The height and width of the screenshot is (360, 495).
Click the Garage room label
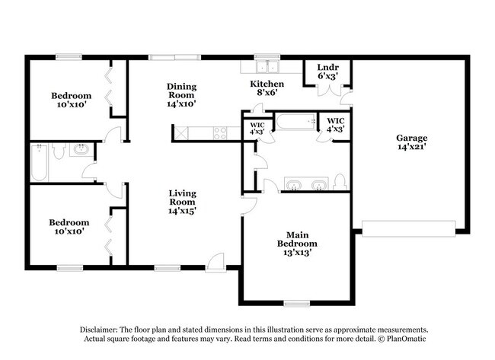coord(411,138)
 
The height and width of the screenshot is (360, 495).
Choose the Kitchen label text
coord(268,83)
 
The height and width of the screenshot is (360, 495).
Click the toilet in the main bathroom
coord(340,183)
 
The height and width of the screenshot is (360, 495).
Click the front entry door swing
coord(218,260)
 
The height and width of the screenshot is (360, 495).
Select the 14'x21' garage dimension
coord(411,148)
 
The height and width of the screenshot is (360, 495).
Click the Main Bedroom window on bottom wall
coord(297,303)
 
